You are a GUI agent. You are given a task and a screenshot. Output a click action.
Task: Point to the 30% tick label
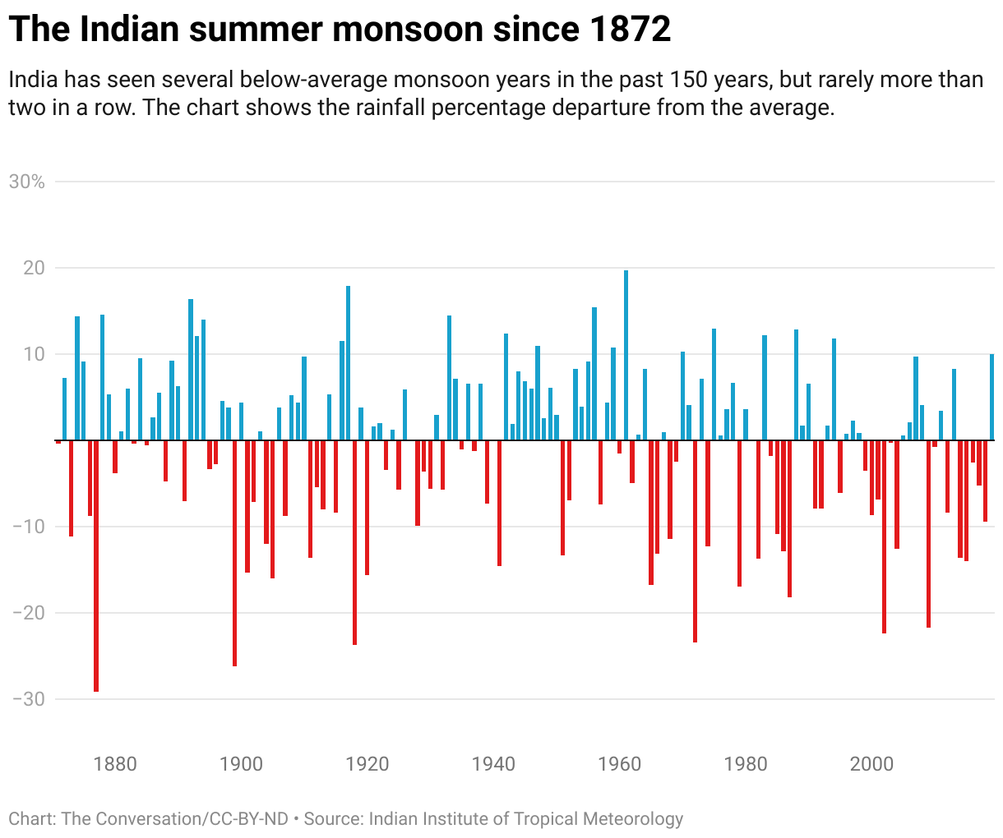point(26,182)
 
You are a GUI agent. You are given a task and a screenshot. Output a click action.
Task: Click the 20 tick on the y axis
point(33,268)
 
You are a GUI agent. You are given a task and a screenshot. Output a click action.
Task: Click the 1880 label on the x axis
point(115,764)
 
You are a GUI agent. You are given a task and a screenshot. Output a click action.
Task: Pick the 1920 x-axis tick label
point(367,764)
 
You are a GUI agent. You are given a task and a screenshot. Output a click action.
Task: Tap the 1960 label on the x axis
point(620,764)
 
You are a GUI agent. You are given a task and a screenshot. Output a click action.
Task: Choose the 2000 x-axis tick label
point(871,764)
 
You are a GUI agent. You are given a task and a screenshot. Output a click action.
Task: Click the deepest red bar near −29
point(96,567)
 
